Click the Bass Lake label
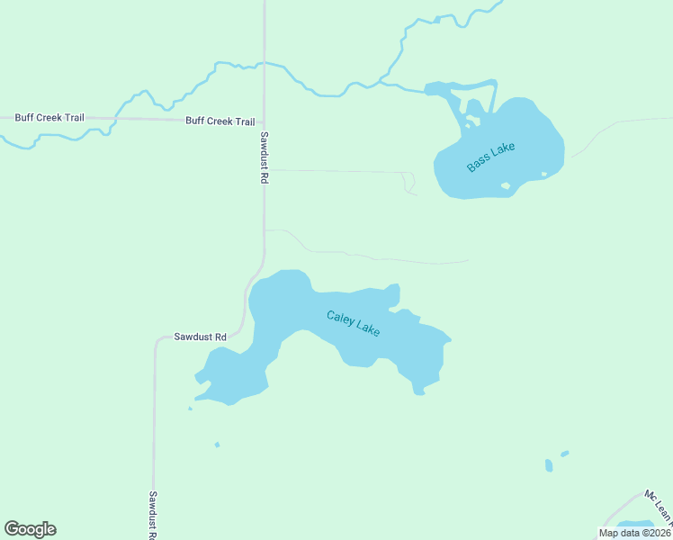coord(491,157)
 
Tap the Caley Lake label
coord(353,322)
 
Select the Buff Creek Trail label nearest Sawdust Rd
coord(220,121)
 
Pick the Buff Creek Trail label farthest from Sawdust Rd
coord(49,118)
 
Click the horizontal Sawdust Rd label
coord(201,337)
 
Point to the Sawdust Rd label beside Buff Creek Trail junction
coord(265,157)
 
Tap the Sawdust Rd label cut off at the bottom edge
coord(153,515)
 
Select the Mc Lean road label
coord(660,507)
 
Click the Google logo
coord(30,529)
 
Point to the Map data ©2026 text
coord(634,533)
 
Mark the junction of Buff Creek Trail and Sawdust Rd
coord(265,121)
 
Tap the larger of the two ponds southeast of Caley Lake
coord(549,465)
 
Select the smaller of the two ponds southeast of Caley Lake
coord(565,454)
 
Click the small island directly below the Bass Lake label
coord(506,186)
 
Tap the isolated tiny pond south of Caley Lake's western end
coord(217,444)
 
